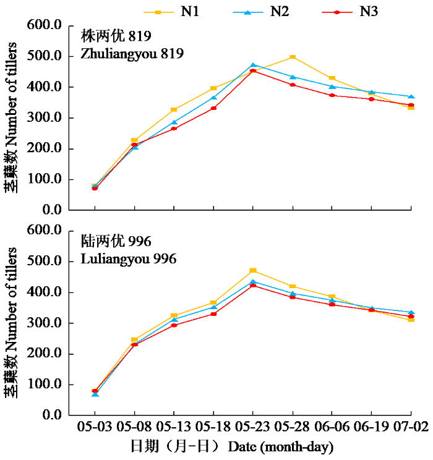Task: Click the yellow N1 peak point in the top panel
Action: [x=293, y=57]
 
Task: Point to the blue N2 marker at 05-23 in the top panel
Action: [x=254, y=65]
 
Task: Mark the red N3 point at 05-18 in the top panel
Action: [x=214, y=108]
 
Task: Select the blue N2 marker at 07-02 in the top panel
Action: [x=411, y=96]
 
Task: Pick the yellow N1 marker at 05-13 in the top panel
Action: [x=174, y=109]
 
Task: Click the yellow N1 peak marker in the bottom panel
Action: [x=254, y=270]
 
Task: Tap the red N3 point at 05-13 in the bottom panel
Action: [x=174, y=325]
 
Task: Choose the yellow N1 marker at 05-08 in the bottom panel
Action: [x=134, y=339]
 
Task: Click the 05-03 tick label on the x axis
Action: [x=95, y=426]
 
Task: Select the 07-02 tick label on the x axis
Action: [x=411, y=426]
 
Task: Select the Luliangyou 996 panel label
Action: [x=129, y=258]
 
